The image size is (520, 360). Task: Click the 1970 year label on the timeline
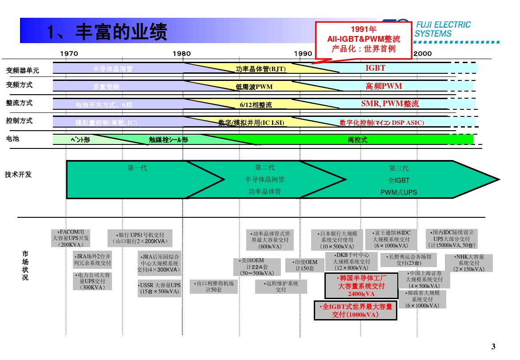tap(69, 54)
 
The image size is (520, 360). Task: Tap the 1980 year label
tap(182, 54)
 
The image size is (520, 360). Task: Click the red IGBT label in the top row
tap(375, 68)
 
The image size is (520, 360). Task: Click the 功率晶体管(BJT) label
tap(260, 68)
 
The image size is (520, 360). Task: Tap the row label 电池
tap(12, 139)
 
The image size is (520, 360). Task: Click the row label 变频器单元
tap(22, 70)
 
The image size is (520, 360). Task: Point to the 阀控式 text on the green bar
tap(357, 140)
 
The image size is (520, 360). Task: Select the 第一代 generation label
tap(137, 168)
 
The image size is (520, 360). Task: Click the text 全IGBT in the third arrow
tap(398, 180)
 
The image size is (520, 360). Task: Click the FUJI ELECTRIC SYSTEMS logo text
tap(442, 29)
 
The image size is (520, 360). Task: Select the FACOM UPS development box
tap(71, 238)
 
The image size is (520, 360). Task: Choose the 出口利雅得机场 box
tap(214, 287)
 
